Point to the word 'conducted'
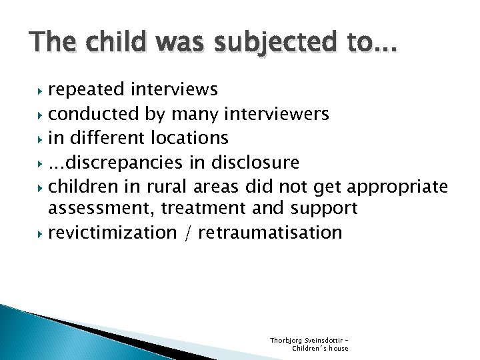coord(94,115)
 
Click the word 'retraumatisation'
coord(270,233)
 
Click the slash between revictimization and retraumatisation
coord(187,233)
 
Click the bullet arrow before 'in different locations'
coord(41,139)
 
